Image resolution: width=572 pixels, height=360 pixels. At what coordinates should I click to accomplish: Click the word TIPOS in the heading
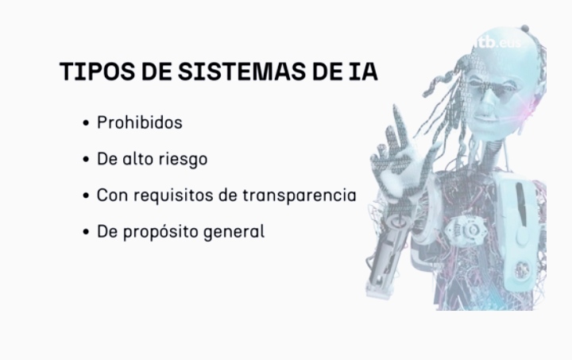98,71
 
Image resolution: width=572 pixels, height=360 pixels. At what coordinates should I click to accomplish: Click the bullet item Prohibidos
140,122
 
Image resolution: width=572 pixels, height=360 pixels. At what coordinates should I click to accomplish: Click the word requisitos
173,195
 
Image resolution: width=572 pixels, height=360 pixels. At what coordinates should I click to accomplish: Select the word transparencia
300,195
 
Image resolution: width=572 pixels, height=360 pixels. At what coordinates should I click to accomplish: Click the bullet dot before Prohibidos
86,123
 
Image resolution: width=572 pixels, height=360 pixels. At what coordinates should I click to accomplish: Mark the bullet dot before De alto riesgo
86,160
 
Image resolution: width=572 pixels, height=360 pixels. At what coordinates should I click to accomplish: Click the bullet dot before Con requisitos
86,195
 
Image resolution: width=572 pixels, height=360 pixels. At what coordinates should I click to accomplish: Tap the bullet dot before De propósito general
86,232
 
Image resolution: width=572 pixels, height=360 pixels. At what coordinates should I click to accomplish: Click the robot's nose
485,104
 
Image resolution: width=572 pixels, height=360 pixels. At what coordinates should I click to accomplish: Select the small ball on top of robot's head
525,28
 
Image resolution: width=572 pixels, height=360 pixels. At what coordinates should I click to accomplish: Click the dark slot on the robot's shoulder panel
522,204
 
